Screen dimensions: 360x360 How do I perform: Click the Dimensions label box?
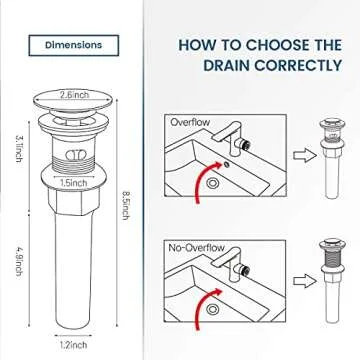tap(73, 45)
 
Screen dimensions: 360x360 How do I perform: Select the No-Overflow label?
tap(196, 245)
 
